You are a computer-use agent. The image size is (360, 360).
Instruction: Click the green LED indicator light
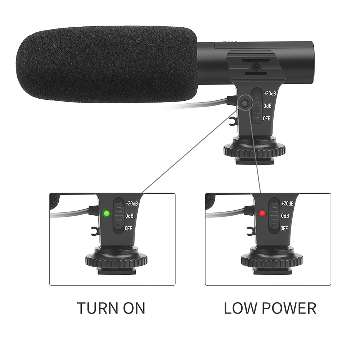[x=106, y=214]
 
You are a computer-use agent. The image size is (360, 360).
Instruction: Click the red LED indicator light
[x=262, y=214]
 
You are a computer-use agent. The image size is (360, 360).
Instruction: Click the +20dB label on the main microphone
[x=270, y=94]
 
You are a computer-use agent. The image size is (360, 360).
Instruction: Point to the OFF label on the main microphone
[x=266, y=118]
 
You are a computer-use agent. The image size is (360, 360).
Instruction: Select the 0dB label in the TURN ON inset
[x=129, y=216]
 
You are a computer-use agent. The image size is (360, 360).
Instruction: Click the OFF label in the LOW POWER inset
[x=284, y=229]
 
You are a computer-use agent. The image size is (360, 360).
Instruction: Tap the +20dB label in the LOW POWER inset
[x=287, y=203]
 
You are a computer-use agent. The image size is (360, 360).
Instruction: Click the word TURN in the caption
[x=98, y=308]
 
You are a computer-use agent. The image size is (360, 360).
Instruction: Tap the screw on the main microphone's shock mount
[x=255, y=67]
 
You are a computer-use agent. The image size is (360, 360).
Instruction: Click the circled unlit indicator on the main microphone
[x=245, y=103]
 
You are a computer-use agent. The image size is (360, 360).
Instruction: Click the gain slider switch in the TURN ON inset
[x=118, y=216]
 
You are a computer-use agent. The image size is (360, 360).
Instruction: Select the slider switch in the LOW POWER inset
[x=274, y=216]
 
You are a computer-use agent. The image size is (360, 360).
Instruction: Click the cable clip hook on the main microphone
[x=232, y=121]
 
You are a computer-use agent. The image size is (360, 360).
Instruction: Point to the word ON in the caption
[x=134, y=308]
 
